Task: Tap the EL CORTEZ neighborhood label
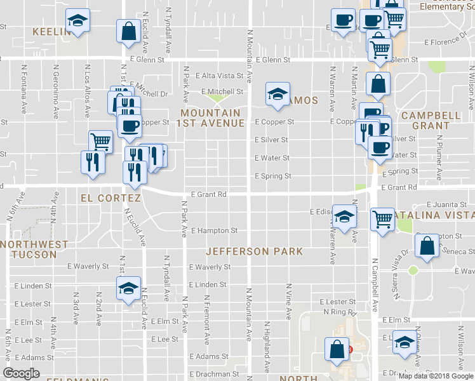pyautogui.click(x=110, y=198)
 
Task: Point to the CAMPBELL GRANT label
pyautogui.click(x=431, y=121)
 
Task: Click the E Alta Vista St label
pyautogui.click(x=220, y=76)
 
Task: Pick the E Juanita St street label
pyautogui.click(x=446, y=205)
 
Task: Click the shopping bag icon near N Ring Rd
pyautogui.click(x=337, y=349)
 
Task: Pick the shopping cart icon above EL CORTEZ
pyautogui.click(x=100, y=142)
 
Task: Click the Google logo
pyautogui.click(x=22, y=373)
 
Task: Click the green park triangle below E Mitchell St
pyautogui.click(x=218, y=98)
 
